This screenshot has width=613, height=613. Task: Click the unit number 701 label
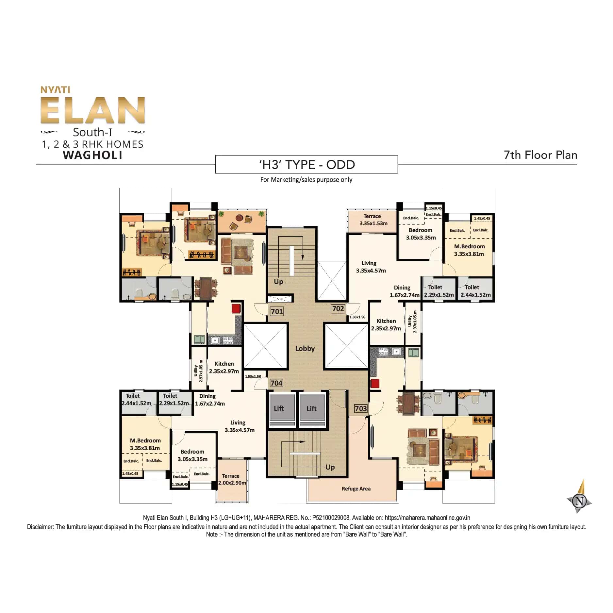click(277, 311)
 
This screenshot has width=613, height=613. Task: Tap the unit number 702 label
click(338, 309)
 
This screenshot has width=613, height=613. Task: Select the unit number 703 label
click(361, 408)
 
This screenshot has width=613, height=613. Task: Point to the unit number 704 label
click(276, 383)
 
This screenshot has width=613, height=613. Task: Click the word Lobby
click(305, 349)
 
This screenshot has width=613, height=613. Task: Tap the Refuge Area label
click(356, 489)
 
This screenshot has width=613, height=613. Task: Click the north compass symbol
click(580, 501)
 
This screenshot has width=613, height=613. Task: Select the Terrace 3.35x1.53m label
click(373, 220)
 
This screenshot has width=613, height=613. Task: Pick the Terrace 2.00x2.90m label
click(231, 479)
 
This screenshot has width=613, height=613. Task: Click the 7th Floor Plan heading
click(540, 155)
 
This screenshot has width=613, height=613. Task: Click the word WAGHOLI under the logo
click(93, 155)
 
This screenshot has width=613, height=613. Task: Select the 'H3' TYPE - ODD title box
click(306, 164)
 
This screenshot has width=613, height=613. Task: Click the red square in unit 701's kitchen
click(236, 308)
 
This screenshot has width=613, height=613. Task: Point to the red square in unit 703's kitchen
click(375, 383)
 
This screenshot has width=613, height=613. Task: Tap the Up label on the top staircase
click(278, 282)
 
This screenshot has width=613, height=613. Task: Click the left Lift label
click(279, 408)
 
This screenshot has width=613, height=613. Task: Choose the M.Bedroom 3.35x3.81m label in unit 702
click(469, 250)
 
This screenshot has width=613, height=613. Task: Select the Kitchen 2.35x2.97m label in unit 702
click(386, 325)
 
